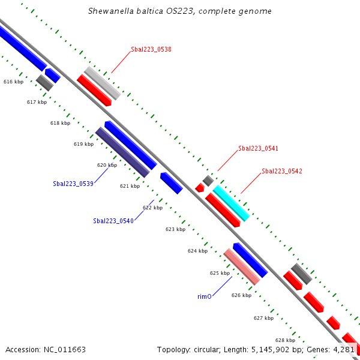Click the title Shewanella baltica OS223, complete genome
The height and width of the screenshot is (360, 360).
[x=180, y=11]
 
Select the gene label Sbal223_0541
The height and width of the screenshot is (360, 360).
[x=258, y=148]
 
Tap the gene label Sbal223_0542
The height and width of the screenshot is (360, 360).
[x=282, y=172]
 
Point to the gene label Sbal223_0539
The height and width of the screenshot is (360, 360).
[x=73, y=184]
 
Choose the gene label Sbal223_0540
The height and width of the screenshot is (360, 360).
[x=113, y=221]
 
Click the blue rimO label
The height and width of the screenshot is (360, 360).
[x=205, y=296]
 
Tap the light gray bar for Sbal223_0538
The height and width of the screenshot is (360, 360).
[x=103, y=83]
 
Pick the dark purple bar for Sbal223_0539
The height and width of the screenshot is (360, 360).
[x=122, y=152]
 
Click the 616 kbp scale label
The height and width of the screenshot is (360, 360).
[x=13, y=82]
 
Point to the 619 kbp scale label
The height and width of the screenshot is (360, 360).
[x=83, y=144]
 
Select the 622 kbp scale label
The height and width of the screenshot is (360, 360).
[x=152, y=208]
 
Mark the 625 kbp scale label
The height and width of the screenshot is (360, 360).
[x=220, y=273]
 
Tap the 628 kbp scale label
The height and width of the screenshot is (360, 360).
[x=285, y=340]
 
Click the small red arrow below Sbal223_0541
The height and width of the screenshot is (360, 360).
[x=200, y=188]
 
